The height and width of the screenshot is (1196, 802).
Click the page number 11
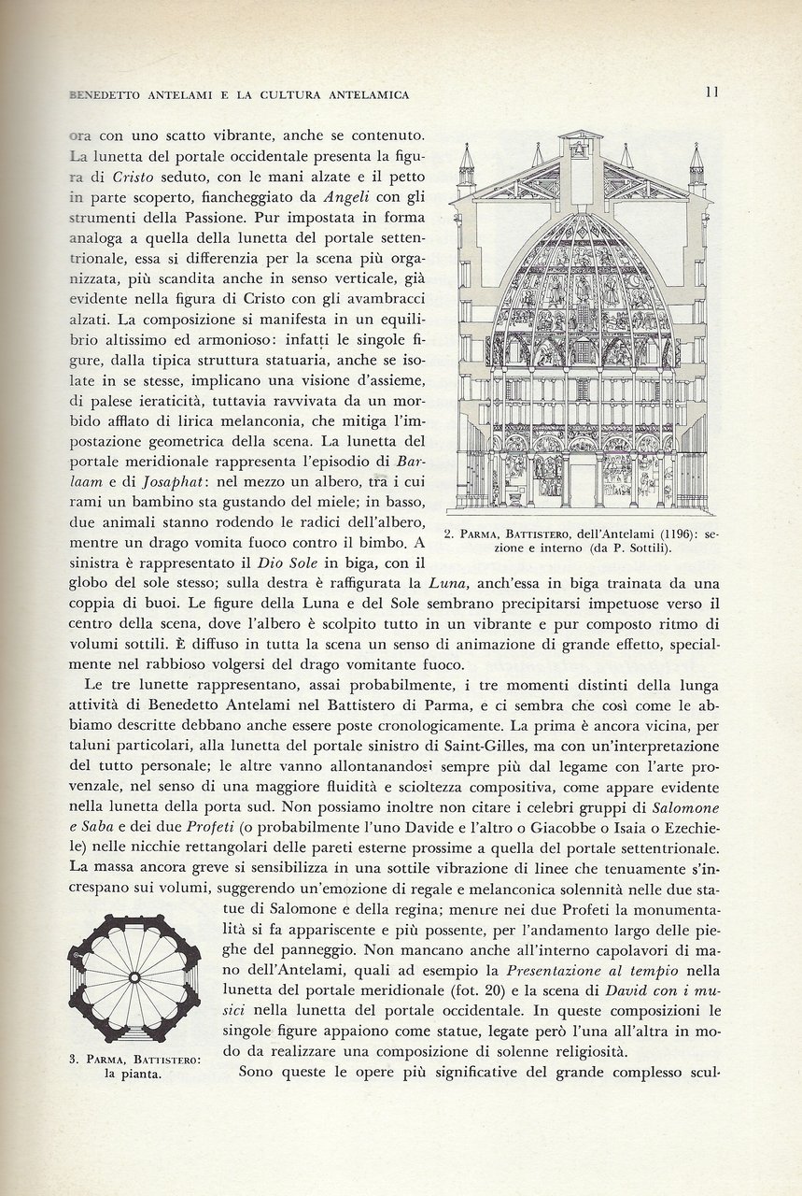click(711, 92)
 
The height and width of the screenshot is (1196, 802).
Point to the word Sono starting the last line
click(258, 1072)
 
